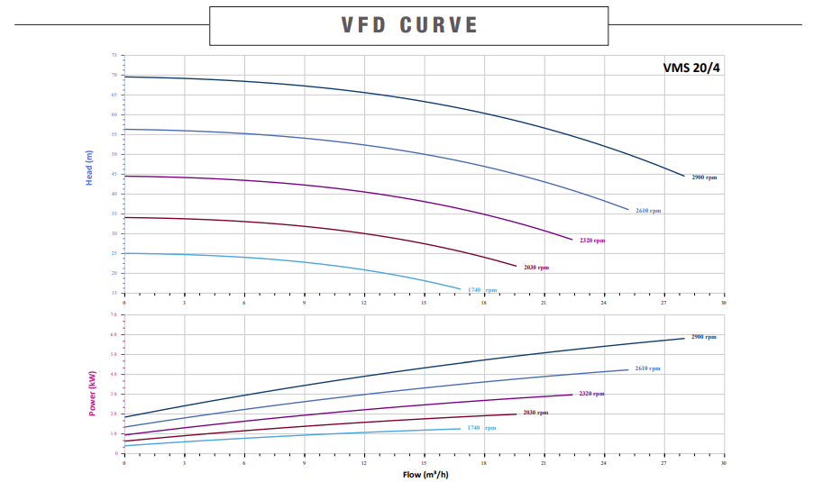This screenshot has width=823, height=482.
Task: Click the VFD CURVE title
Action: (x=409, y=25)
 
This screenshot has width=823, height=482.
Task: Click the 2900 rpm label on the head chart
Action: (x=704, y=177)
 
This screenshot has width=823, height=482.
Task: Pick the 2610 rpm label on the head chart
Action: (x=648, y=211)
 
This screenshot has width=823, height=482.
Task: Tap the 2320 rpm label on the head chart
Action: (x=592, y=241)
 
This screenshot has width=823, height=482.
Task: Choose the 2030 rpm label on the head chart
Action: (x=535, y=268)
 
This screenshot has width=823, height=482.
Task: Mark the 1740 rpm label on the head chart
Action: (x=481, y=290)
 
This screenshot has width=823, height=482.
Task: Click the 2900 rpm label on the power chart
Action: (x=704, y=337)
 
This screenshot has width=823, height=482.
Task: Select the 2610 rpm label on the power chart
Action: (x=647, y=368)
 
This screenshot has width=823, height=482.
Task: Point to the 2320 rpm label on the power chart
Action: (x=591, y=394)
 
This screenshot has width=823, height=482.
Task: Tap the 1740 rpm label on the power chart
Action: (x=481, y=428)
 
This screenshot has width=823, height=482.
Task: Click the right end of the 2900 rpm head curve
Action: (x=684, y=176)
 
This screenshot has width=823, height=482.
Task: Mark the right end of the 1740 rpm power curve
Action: (x=461, y=429)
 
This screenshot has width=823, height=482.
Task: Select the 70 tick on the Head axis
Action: (x=114, y=75)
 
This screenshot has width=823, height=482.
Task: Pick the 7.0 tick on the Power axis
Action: (x=114, y=314)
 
